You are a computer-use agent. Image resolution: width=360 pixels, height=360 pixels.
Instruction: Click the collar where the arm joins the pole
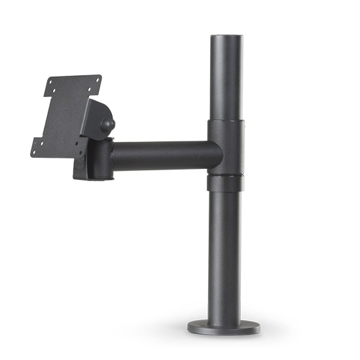pyautogui.click(x=225, y=148)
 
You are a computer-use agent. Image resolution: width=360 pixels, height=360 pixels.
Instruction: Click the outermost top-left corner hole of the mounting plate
pyautogui.click(x=50, y=82)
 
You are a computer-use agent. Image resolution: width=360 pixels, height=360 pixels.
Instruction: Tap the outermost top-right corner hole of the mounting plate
pyautogui.click(x=98, y=79)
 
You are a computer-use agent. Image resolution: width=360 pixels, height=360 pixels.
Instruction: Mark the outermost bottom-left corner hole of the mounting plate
pyautogui.click(x=33, y=152)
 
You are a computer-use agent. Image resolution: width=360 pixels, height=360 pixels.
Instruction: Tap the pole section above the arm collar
pyautogui.click(x=225, y=79)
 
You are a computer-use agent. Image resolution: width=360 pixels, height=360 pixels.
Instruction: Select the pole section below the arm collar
pyautogui.click(x=225, y=255)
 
